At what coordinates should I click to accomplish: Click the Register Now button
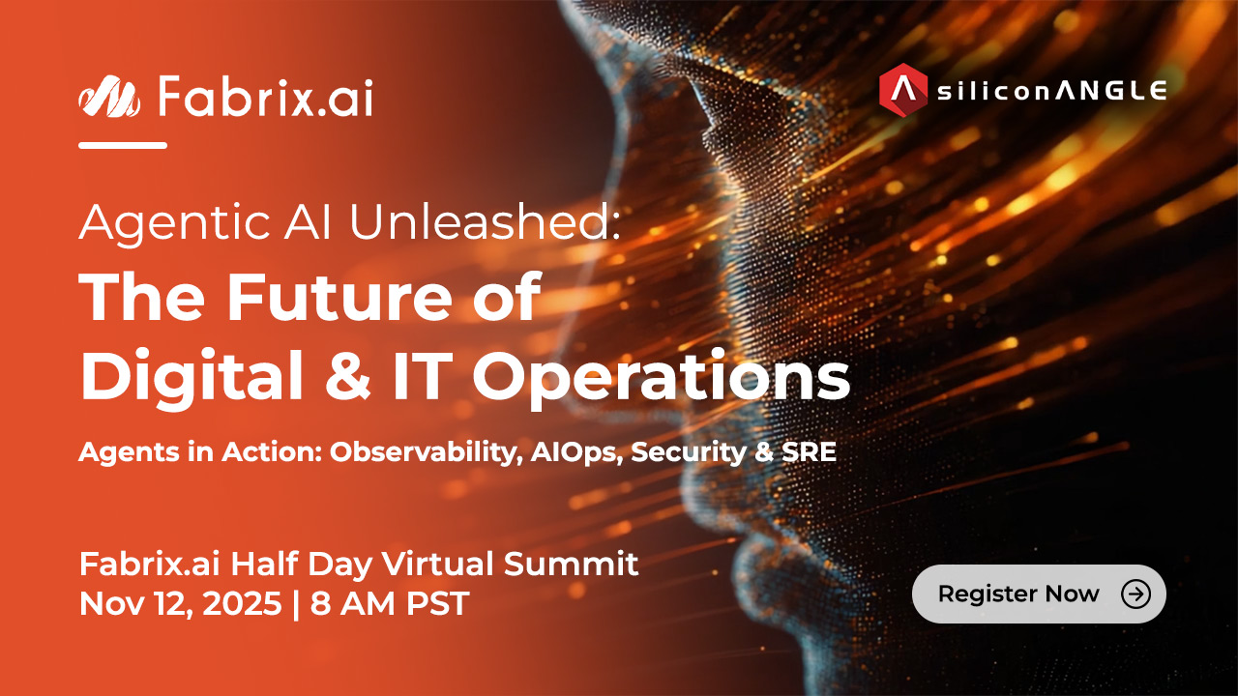pyautogui.click(x=1039, y=594)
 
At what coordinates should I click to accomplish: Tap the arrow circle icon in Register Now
pyautogui.click(x=1135, y=594)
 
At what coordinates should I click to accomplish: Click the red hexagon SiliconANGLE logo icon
pyautogui.click(x=903, y=90)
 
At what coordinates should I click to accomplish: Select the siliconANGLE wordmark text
pyautogui.click(x=1051, y=91)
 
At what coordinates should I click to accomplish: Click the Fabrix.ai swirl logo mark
pyautogui.click(x=109, y=96)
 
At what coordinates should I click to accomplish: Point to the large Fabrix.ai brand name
pyautogui.click(x=265, y=97)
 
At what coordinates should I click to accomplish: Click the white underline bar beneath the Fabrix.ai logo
pyautogui.click(x=123, y=145)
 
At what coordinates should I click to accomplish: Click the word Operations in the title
pyautogui.click(x=661, y=376)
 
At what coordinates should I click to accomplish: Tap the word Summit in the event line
pyautogui.click(x=571, y=564)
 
